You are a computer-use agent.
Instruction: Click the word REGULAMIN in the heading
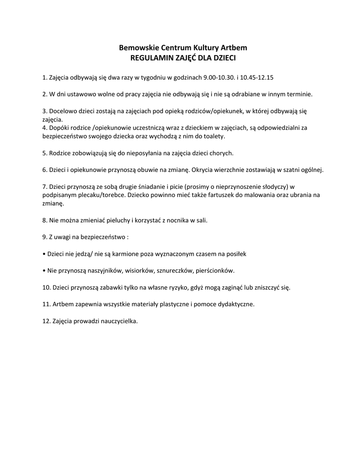pyautogui.click(x=150, y=58)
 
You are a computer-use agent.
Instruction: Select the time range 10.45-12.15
pyautogui.click(x=257, y=77)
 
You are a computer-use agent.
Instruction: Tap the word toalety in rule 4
pyautogui.click(x=214, y=136)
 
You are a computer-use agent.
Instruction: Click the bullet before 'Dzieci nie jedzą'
pyautogui.click(x=43, y=253)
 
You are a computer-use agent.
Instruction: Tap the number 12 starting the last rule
pyautogui.click(x=46, y=321)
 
